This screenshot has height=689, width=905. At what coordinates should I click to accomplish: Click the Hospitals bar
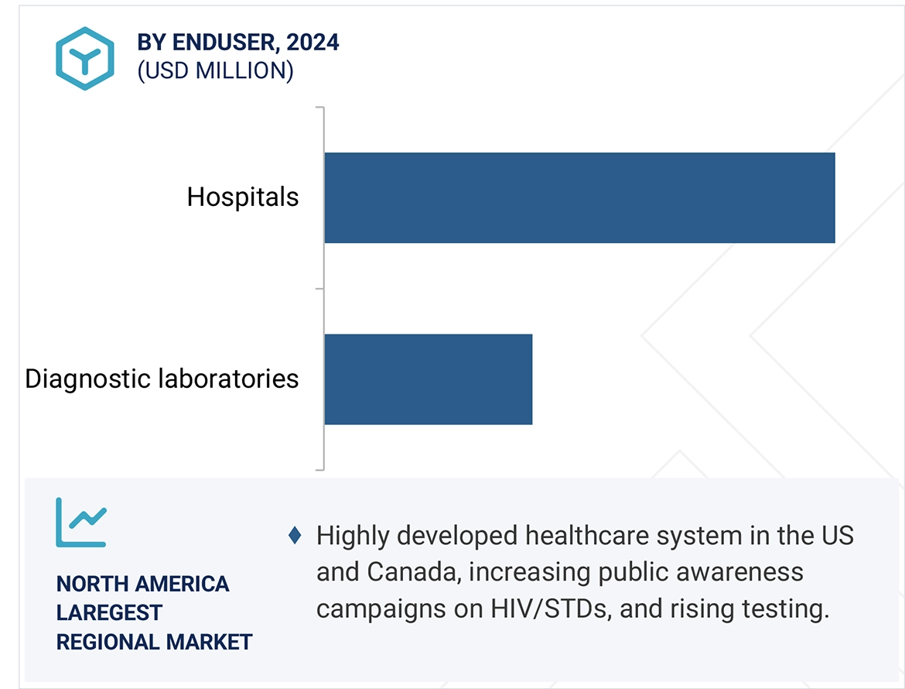(579, 197)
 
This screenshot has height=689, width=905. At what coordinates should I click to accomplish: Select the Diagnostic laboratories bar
(428, 379)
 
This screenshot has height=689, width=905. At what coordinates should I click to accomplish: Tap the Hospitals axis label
(243, 197)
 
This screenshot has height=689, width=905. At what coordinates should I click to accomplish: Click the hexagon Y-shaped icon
(84, 58)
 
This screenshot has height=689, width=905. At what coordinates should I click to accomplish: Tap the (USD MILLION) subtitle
(215, 71)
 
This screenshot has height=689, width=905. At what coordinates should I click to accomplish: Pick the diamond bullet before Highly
(295, 536)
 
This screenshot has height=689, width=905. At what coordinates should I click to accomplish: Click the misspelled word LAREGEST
(109, 612)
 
